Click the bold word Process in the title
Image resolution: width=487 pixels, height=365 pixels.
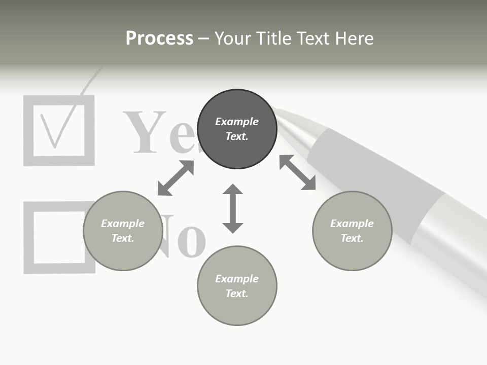coord(159,39)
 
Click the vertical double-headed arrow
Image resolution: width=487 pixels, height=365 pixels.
coord(233,209)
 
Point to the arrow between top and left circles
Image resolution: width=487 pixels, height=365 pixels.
coord(176,178)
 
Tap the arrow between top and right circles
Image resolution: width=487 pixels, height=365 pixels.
coord(298,172)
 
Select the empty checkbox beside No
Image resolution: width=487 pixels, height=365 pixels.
coord(59,237)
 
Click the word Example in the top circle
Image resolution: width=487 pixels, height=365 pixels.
coord(237,122)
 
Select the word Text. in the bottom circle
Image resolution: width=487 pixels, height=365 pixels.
coord(237,294)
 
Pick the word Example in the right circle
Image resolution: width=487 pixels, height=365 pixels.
coord(352,224)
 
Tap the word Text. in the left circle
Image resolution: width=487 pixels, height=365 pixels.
coord(123,238)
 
